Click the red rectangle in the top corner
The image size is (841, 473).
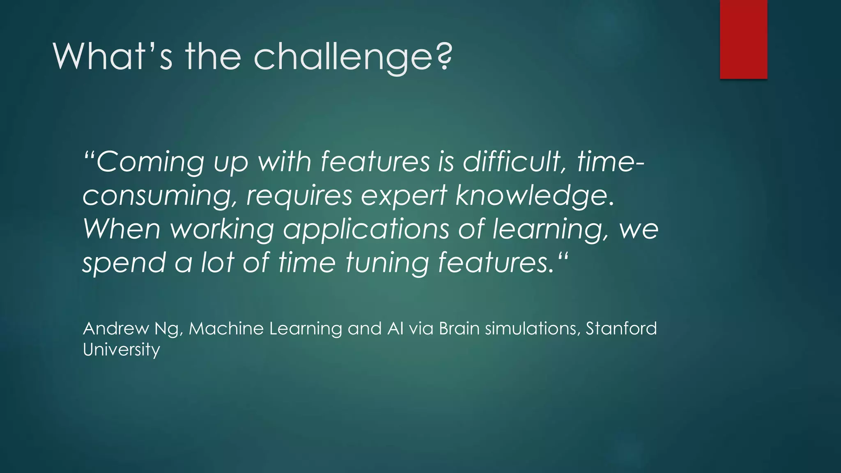(743, 39)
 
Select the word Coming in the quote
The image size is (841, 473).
(150, 161)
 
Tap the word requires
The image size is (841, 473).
(299, 195)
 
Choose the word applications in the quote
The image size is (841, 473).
(365, 229)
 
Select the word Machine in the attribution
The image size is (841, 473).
(226, 328)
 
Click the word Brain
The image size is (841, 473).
(459, 328)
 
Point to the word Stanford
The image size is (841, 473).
(621, 328)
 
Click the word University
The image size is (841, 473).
(121, 350)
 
